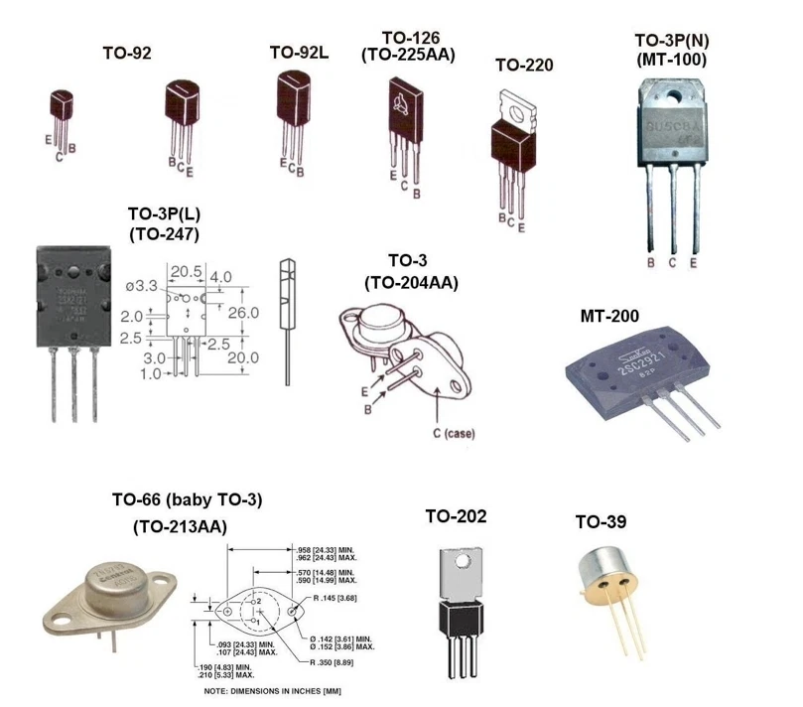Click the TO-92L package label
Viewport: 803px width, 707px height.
299,53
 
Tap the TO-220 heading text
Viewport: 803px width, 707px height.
523,66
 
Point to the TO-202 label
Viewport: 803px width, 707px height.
456,516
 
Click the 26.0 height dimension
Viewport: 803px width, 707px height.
246,313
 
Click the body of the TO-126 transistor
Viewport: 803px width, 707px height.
406,109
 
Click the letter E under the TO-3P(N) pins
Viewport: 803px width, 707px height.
693,262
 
